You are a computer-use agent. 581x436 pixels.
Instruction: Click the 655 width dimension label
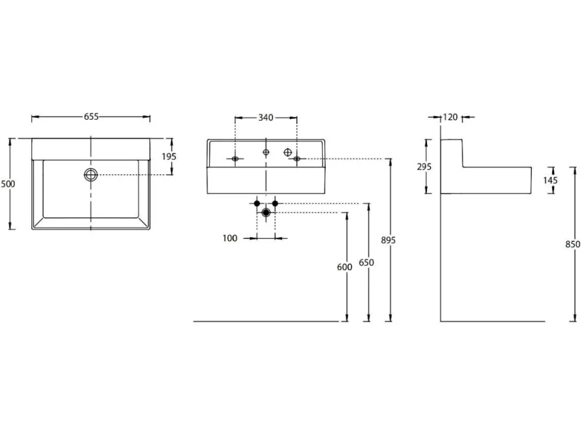point(91,117)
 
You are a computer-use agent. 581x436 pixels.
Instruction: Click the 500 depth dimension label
point(8,184)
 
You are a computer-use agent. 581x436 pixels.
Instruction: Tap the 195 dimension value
point(169,157)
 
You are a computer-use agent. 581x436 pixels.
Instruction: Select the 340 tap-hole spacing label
point(266,117)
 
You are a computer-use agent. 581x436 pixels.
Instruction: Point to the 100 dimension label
point(230,238)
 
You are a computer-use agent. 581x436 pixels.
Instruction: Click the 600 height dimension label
point(344,267)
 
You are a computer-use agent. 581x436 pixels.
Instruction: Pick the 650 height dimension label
point(367,262)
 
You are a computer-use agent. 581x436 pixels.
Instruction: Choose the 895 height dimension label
point(388,240)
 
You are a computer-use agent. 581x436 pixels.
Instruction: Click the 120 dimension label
point(450,117)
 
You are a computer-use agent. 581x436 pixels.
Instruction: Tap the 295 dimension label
point(424,166)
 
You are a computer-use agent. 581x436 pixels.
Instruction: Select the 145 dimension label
point(550,180)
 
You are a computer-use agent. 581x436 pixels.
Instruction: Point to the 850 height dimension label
point(573,244)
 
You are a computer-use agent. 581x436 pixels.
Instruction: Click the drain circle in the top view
point(91,174)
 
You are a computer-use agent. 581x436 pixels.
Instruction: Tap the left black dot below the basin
point(257,204)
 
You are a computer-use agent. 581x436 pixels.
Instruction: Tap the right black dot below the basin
point(275,204)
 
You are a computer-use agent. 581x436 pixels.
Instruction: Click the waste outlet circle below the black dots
point(266,213)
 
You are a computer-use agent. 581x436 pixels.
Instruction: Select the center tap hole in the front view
point(266,152)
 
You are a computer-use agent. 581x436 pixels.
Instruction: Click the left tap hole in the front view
point(235,159)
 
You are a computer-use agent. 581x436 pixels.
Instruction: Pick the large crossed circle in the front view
point(288,152)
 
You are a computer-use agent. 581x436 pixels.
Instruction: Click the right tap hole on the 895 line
point(296,159)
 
